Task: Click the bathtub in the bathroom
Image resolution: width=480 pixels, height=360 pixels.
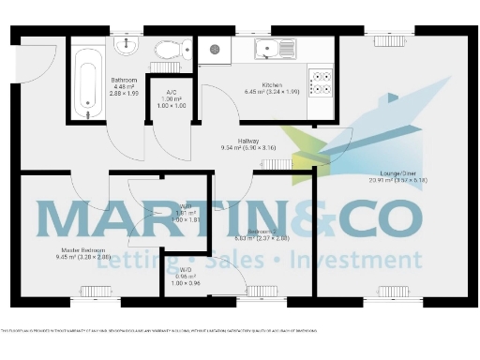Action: pyautogui.click(x=90, y=77)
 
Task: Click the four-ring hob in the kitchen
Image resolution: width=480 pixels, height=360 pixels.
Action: pyautogui.click(x=321, y=82)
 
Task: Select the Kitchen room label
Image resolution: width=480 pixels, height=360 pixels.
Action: pyautogui.click(x=258, y=85)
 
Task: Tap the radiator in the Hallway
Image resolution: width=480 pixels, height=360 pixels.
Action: pyautogui.click(x=276, y=165)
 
